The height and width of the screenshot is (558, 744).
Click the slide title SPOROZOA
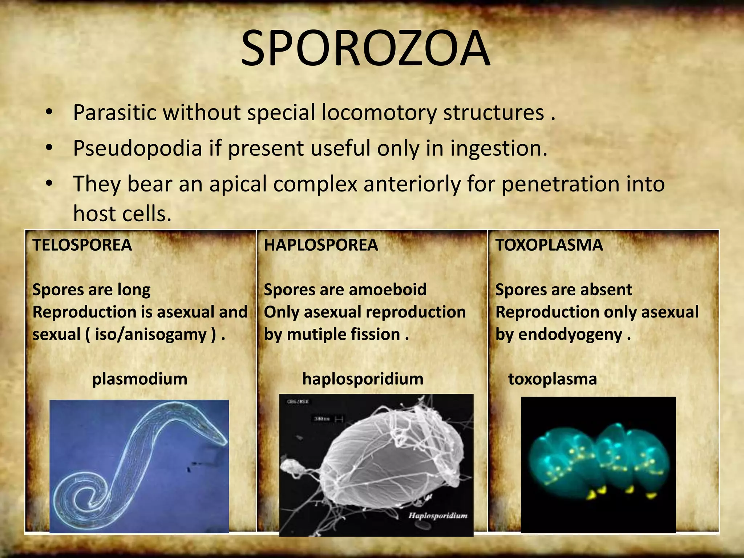pyautogui.click(x=365, y=48)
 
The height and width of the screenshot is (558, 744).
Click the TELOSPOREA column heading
pyautogui.click(x=82, y=245)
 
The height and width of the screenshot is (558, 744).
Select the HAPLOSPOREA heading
pyautogui.click(x=321, y=245)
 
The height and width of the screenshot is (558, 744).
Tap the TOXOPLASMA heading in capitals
pyautogui.click(x=549, y=245)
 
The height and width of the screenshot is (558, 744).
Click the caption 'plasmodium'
pyautogui.click(x=139, y=379)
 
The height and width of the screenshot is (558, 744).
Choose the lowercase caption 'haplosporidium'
pyautogui.click(x=363, y=379)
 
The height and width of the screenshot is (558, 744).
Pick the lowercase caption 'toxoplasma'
pyautogui.click(x=552, y=379)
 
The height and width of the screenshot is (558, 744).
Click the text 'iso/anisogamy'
pyautogui.click(x=151, y=334)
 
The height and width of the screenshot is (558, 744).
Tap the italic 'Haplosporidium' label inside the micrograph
pyautogui.click(x=438, y=515)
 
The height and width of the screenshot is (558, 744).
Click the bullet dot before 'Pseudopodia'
pyautogui.click(x=49, y=148)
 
